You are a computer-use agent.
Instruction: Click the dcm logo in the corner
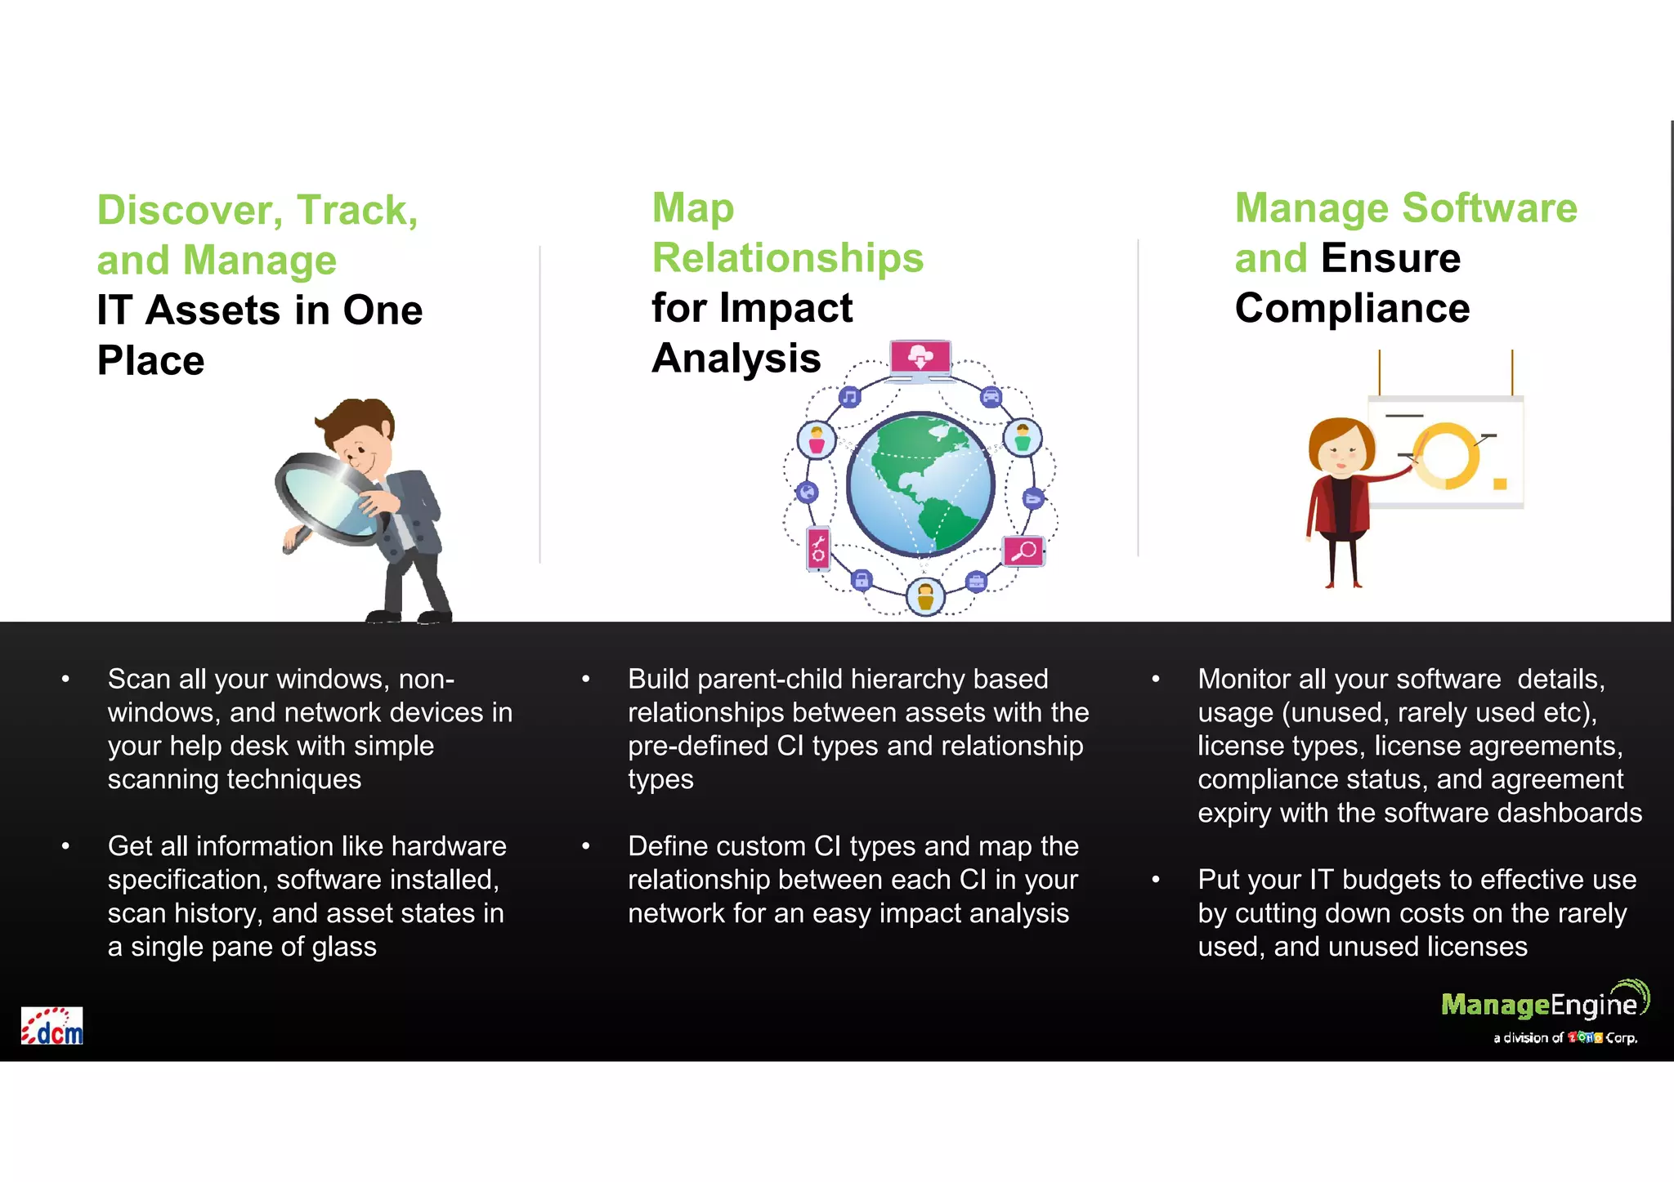pyautogui.click(x=52, y=1026)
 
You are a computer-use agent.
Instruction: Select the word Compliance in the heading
pyautogui.click(x=1352, y=309)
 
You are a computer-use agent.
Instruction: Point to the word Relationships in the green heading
pyautogui.click(x=787, y=258)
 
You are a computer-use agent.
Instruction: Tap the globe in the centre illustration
pyautogui.click(x=920, y=484)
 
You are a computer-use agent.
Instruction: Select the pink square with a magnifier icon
pyautogui.click(x=1023, y=552)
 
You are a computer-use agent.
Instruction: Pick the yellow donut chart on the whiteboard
pyautogui.click(x=1445, y=456)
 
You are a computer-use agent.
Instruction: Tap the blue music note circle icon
pyautogui.click(x=850, y=398)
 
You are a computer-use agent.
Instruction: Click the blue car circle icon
pyautogui.click(x=991, y=398)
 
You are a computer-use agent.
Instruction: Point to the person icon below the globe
pyautogui.click(x=925, y=597)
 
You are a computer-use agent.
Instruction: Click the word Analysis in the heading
pyautogui.click(x=736, y=359)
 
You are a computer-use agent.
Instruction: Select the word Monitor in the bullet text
pyautogui.click(x=1243, y=680)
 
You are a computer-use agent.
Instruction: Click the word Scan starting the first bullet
pyautogui.click(x=139, y=680)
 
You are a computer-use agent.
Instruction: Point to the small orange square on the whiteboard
pyautogui.click(x=1500, y=484)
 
